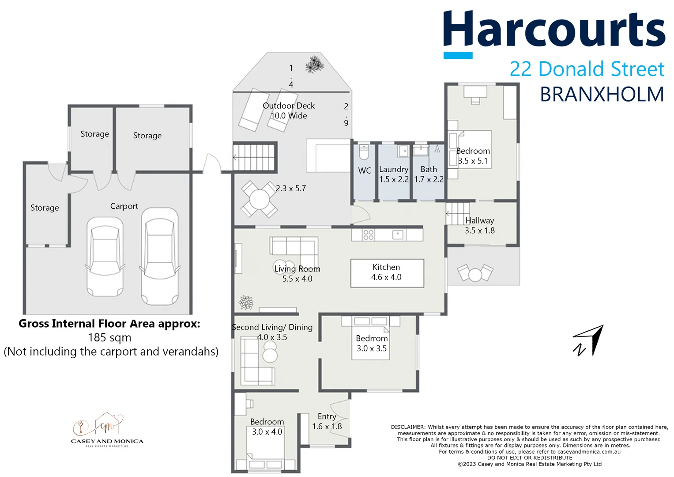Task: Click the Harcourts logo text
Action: [x=554, y=30]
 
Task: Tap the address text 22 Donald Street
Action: [x=587, y=69]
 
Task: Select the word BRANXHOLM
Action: [x=602, y=95]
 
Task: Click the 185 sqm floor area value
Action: [x=109, y=338]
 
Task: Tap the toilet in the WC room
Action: [x=364, y=152]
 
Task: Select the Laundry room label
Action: [x=394, y=170]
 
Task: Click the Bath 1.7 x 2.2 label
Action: [x=429, y=174]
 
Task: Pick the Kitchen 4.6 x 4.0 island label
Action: [x=387, y=273]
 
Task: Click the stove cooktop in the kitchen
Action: [x=368, y=235]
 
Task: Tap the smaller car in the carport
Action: [x=105, y=256]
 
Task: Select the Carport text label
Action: [x=124, y=206]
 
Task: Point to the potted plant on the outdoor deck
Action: [x=314, y=64]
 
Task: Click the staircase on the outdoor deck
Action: [x=254, y=157]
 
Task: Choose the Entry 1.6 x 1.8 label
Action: [x=327, y=422]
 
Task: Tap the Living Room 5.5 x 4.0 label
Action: [x=297, y=274]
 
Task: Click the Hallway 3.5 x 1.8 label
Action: [x=479, y=225]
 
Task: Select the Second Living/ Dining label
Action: [x=272, y=327]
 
